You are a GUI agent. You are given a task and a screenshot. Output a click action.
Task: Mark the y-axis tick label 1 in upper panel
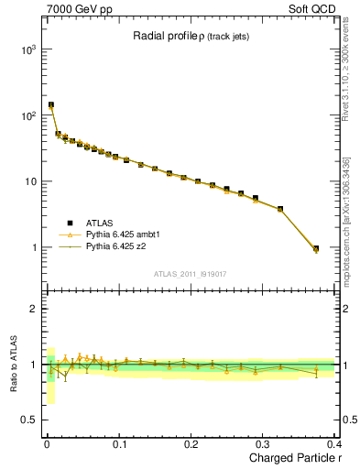click(34, 248)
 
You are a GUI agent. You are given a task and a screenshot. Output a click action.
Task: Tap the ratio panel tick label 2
click(34, 309)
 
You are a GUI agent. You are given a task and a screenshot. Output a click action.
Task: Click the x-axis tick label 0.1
click(119, 443)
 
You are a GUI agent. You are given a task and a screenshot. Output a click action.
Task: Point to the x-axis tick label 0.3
click(264, 443)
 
